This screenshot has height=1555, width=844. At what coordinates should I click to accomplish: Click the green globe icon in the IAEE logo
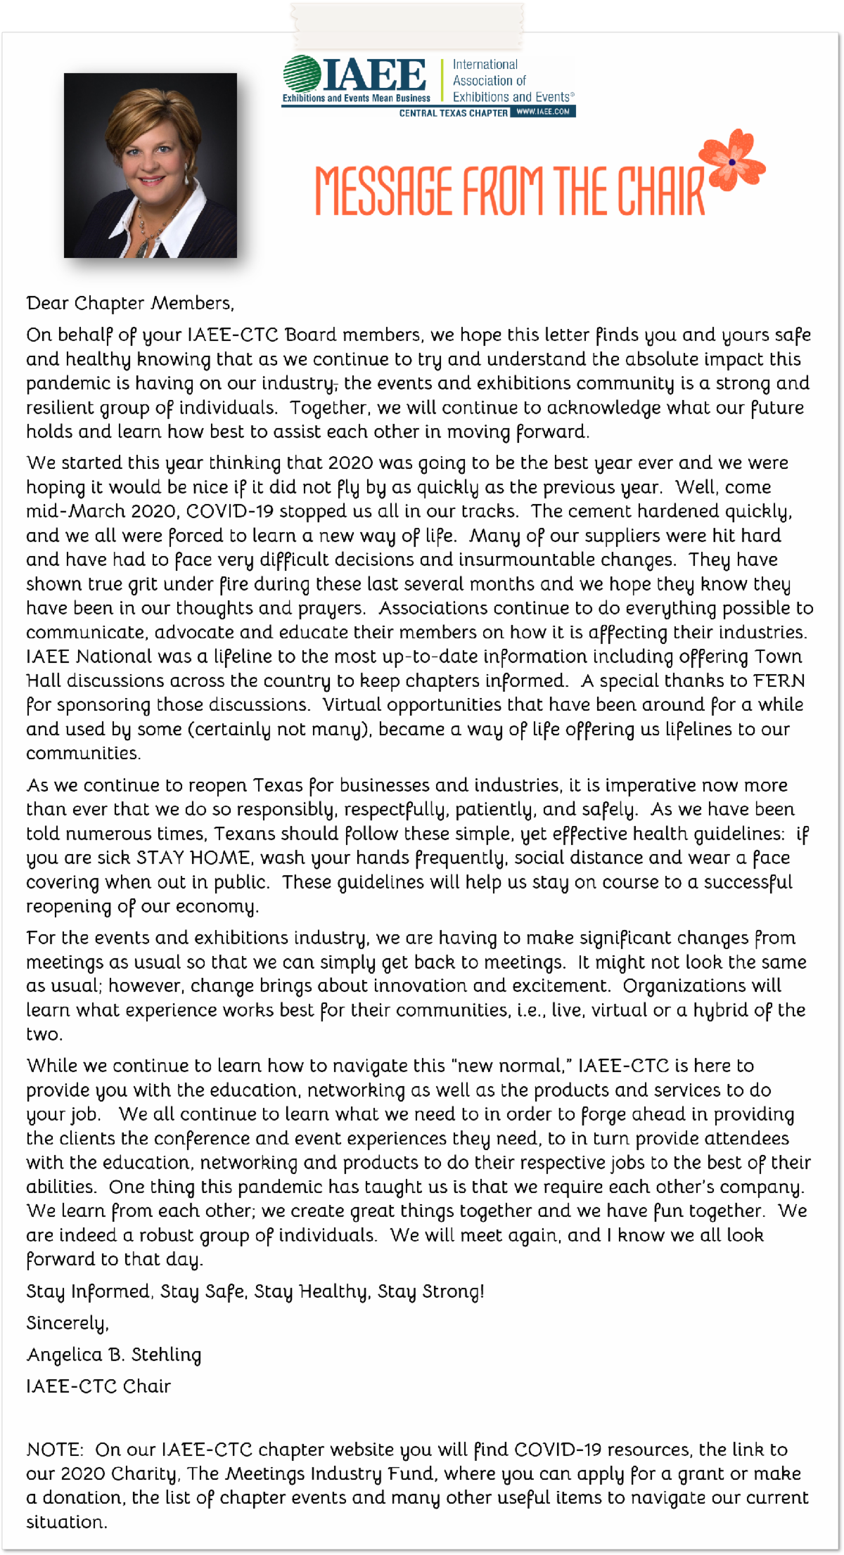[x=302, y=74]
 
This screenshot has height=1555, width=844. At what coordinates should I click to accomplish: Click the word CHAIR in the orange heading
[x=660, y=191]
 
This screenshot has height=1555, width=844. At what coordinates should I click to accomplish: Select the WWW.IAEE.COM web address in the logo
[x=542, y=112]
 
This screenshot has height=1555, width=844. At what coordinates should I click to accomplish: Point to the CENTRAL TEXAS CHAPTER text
[x=453, y=112]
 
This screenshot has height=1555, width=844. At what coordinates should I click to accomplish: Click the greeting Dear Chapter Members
[x=130, y=303]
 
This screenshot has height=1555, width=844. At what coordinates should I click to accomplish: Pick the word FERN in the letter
[x=779, y=680]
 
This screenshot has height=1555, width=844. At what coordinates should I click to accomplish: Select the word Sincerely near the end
[x=67, y=1323]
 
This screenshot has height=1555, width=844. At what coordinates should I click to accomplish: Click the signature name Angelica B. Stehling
[x=114, y=1355]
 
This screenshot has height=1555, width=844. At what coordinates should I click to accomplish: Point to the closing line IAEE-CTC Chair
[x=98, y=1386]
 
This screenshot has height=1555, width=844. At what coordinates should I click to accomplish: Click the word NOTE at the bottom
[x=54, y=1450]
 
